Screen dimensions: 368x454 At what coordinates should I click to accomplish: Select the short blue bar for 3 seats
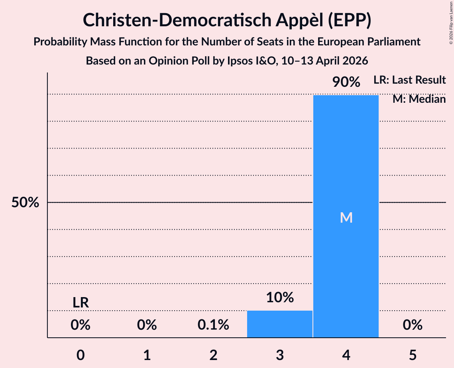(x=279, y=324)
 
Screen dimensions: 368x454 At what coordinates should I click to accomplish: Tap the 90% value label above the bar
(x=346, y=82)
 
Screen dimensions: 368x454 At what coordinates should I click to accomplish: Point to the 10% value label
(x=279, y=298)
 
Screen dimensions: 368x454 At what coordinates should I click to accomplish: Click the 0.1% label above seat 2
(x=213, y=325)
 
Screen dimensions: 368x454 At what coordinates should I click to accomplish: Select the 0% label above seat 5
(x=412, y=325)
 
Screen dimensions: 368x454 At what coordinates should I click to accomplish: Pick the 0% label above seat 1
(x=147, y=325)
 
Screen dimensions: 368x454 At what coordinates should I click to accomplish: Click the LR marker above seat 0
(x=81, y=303)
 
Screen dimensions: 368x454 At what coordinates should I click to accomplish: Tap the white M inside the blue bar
(x=346, y=217)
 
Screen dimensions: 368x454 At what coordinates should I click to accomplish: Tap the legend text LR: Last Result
(x=409, y=80)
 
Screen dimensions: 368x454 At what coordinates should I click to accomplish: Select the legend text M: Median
(x=419, y=99)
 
